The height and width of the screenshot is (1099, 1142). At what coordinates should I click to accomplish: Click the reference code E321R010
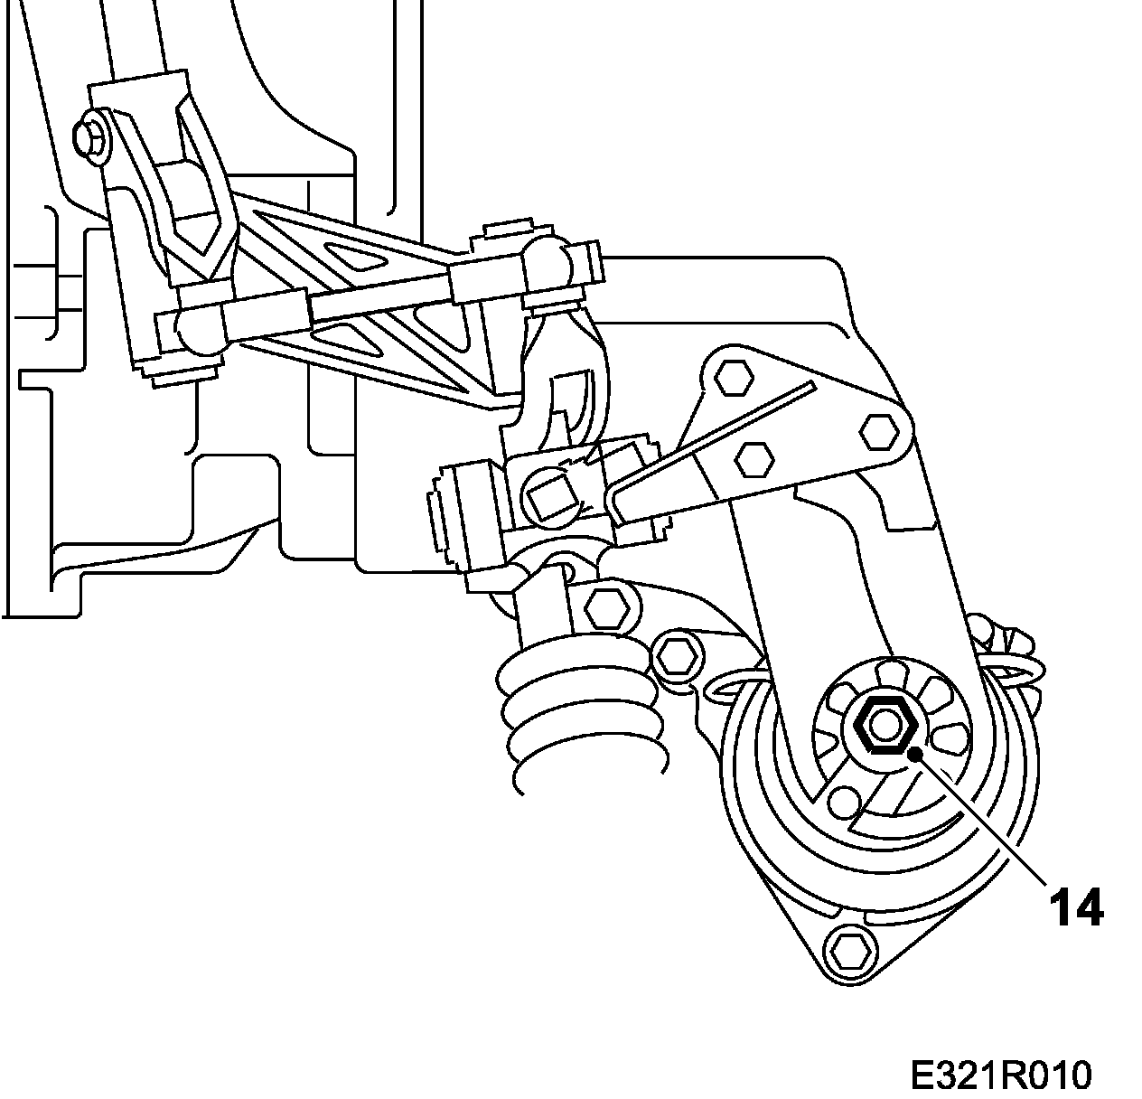click(1000, 1076)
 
